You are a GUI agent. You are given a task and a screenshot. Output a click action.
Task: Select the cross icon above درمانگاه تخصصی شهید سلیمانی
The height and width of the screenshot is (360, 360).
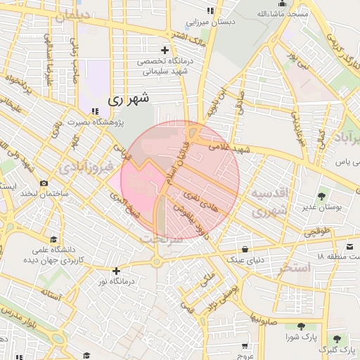(165, 50)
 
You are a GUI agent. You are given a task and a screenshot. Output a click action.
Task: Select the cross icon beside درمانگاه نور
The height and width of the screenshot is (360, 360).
(117, 270)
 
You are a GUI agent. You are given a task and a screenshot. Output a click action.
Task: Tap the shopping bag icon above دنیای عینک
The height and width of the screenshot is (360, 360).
(244, 249)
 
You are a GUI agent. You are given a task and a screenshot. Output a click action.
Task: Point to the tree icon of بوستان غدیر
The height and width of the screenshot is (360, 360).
(321, 196)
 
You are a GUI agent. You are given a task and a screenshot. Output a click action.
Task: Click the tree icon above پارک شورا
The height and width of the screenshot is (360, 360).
(301, 326)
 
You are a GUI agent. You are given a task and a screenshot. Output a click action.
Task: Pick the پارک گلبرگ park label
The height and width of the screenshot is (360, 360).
(333, 349)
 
